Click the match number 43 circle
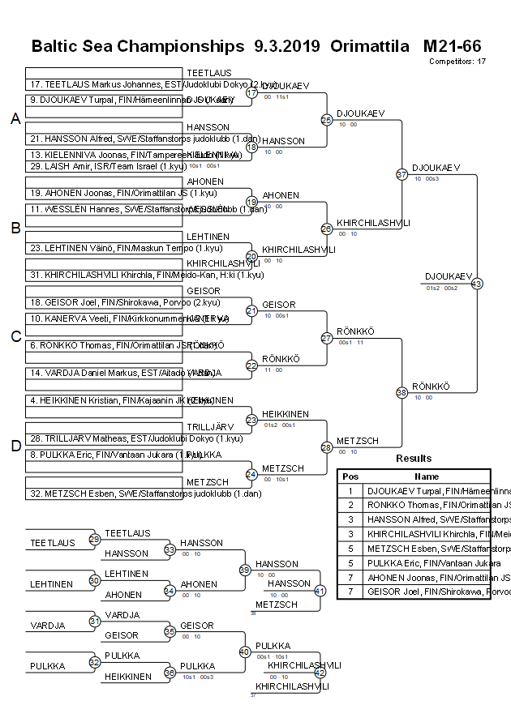click(476, 284)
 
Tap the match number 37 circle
click(401, 174)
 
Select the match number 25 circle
click(326, 120)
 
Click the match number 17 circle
click(251, 92)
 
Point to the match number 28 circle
click(326, 446)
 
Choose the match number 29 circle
click(94, 539)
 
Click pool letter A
click(15, 119)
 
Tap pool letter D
click(15, 446)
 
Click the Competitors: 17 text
click(457, 61)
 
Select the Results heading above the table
click(414, 459)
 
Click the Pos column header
click(350, 476)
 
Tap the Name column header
click(427, 476)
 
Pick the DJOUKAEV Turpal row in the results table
click(428, 490)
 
